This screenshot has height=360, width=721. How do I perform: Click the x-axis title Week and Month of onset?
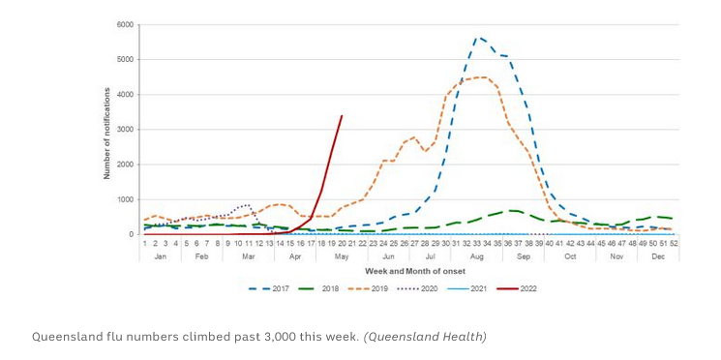click(407, 271)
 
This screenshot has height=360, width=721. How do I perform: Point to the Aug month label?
click(477, 256)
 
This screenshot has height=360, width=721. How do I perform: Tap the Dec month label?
click(659, 256)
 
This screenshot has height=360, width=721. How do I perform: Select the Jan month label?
click(161, 256)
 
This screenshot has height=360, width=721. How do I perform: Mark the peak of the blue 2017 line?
click(477, 38)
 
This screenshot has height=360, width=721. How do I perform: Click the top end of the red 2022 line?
click(342, 116)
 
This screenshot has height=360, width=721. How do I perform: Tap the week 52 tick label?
click(673, 244)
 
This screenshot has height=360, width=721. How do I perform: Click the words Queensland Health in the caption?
click(427, 337)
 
